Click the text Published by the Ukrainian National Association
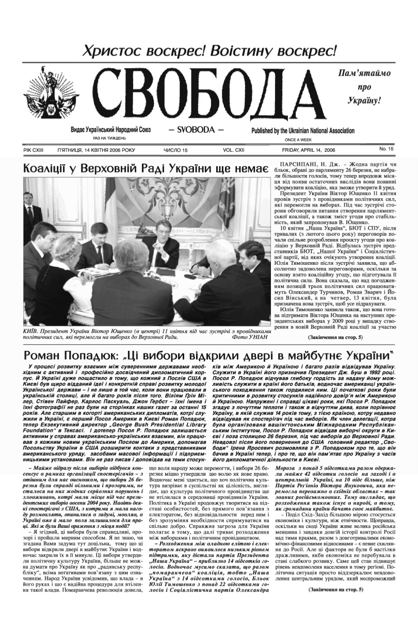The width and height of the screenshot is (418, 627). click(x=303, y=131)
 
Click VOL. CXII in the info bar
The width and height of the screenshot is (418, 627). click(x=235, y=150)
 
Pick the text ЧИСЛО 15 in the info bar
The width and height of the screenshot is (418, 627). click(x=175, y=150)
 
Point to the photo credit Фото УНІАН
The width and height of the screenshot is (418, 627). click(x=250, y=337)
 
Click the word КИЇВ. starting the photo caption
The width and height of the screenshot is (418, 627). click(x=33, y=330)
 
